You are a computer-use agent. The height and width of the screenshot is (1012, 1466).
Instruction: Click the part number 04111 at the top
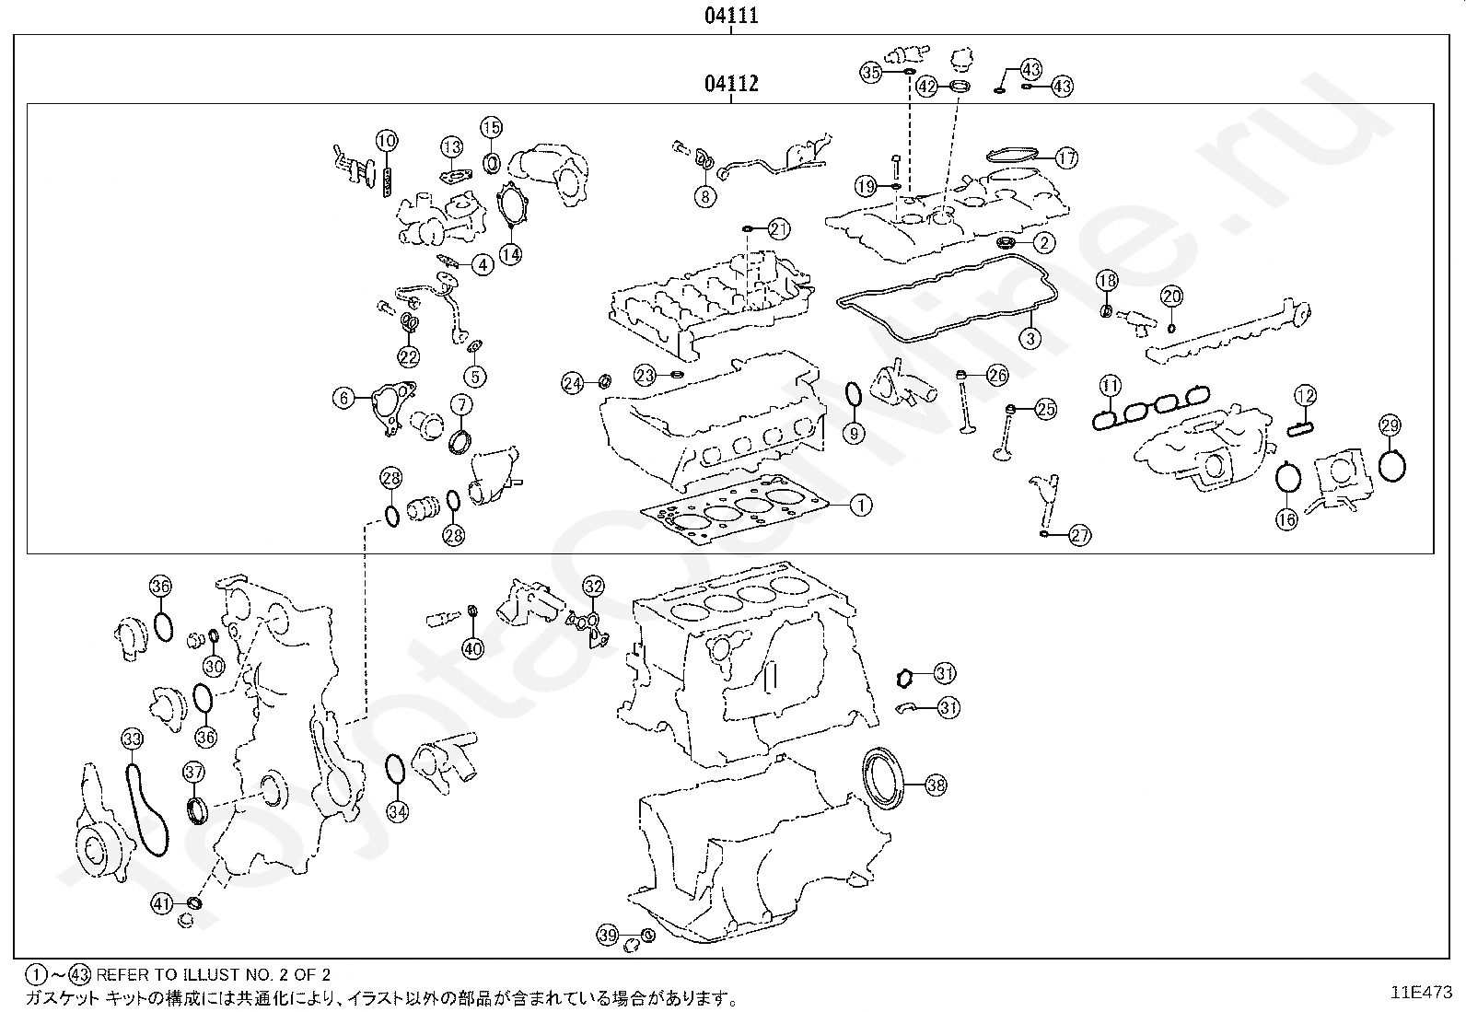click(731, 15)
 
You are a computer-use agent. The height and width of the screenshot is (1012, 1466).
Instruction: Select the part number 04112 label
click(731, 84)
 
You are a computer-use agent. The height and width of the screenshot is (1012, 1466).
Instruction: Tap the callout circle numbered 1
click(861, 506)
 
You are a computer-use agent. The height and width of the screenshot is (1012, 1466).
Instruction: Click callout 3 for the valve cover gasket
click(1030, 339)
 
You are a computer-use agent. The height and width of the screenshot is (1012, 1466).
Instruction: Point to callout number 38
click(936, 785)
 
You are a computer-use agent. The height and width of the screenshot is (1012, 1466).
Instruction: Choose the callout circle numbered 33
click(133, 739)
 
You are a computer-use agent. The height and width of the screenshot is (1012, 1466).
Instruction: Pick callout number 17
click(1066, 157)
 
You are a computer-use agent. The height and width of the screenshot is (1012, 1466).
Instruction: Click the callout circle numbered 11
click(1110, 386)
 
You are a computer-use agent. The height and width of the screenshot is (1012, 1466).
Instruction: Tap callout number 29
click(1390, 425)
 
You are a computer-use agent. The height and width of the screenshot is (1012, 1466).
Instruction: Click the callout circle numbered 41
click(162, 904)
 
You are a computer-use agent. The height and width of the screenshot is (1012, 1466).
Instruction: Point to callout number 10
click(387, 141)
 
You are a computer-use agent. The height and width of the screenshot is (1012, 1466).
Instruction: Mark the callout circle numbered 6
click(344, 398)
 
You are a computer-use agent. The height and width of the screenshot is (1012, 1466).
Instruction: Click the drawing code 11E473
click(1422, 993)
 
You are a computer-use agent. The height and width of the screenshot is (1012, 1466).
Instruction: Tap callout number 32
click(594, 587)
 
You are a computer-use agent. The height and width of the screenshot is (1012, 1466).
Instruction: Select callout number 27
click(1080, 536)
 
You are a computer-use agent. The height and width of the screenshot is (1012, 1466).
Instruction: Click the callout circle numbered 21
click(778, 229)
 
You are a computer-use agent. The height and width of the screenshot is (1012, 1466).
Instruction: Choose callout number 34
click(397, 812)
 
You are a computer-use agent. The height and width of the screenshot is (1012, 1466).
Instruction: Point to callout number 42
click(926, 87)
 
